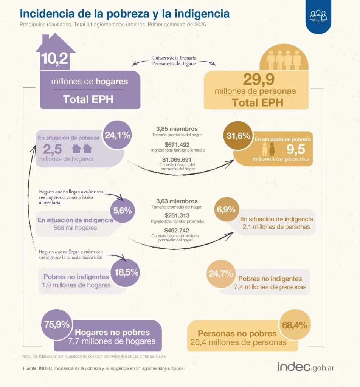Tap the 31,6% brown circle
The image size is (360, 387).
coord(238,136)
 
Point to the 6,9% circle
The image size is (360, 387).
coord(226,209)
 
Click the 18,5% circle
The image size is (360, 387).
coord(126,272)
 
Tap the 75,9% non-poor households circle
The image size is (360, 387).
coord(57,324)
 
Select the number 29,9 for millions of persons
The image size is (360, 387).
coord(259,80)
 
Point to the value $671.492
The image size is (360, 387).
coord(177,144)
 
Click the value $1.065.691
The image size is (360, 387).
coord(177,159)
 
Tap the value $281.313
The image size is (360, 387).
coord(177,215)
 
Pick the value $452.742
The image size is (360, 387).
coord(177,230)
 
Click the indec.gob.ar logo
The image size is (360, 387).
coord(306,366)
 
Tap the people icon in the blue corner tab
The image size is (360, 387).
coord(318,16)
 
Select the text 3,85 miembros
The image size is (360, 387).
coord(177,129)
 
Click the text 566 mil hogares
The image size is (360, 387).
coord(67,228)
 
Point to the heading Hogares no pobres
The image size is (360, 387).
coord(112,333)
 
